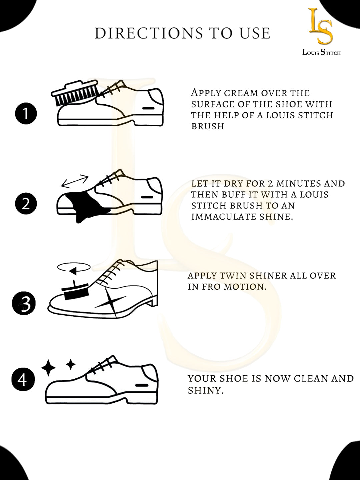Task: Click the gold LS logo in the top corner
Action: coord(320,26)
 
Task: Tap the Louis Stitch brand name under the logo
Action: coord(321,52)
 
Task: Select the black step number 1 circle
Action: coord(26,114)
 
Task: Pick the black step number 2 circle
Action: coord(26,203)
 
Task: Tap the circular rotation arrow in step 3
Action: coord(74,267)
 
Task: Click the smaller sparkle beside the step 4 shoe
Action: coord(70,364)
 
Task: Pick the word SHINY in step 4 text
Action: coord(205,390)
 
